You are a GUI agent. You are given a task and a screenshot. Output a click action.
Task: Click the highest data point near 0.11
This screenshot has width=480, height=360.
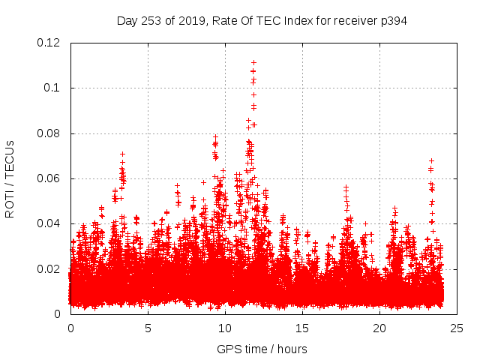pos(253,62)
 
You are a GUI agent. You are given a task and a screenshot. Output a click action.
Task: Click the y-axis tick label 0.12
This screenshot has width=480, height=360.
pos(49,43)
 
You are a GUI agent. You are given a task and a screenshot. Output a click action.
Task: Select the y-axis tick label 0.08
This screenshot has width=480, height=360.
pos(49,133)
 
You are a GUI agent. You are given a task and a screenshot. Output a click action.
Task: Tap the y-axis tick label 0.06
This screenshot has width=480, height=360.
pos(49,178)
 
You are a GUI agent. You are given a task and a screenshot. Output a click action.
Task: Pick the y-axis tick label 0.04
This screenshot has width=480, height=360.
pos(49,223)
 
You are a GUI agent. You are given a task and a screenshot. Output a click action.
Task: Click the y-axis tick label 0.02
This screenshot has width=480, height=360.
pos(49,268)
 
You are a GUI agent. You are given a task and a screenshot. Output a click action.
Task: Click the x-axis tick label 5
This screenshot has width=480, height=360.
pos(148,328)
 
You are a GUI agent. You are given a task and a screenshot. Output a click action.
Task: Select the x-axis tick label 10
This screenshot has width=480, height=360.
pos(225,328)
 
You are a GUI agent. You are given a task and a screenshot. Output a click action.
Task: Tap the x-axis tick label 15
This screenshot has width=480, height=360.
pos(302,328)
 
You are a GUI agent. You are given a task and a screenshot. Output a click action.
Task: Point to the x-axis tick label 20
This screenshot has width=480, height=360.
pos(379,328)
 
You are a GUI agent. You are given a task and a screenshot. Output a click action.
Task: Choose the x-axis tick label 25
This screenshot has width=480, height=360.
pos(457,328)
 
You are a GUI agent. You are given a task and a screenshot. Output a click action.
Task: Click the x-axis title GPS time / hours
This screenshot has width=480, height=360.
pos(262,349)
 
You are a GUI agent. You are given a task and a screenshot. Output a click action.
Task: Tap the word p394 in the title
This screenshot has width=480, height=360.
pos(392,20)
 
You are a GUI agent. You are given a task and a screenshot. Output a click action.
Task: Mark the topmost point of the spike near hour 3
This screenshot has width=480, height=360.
pos(122,154)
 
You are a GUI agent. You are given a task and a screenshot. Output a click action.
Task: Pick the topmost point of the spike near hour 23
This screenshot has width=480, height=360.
pos(431,160)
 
